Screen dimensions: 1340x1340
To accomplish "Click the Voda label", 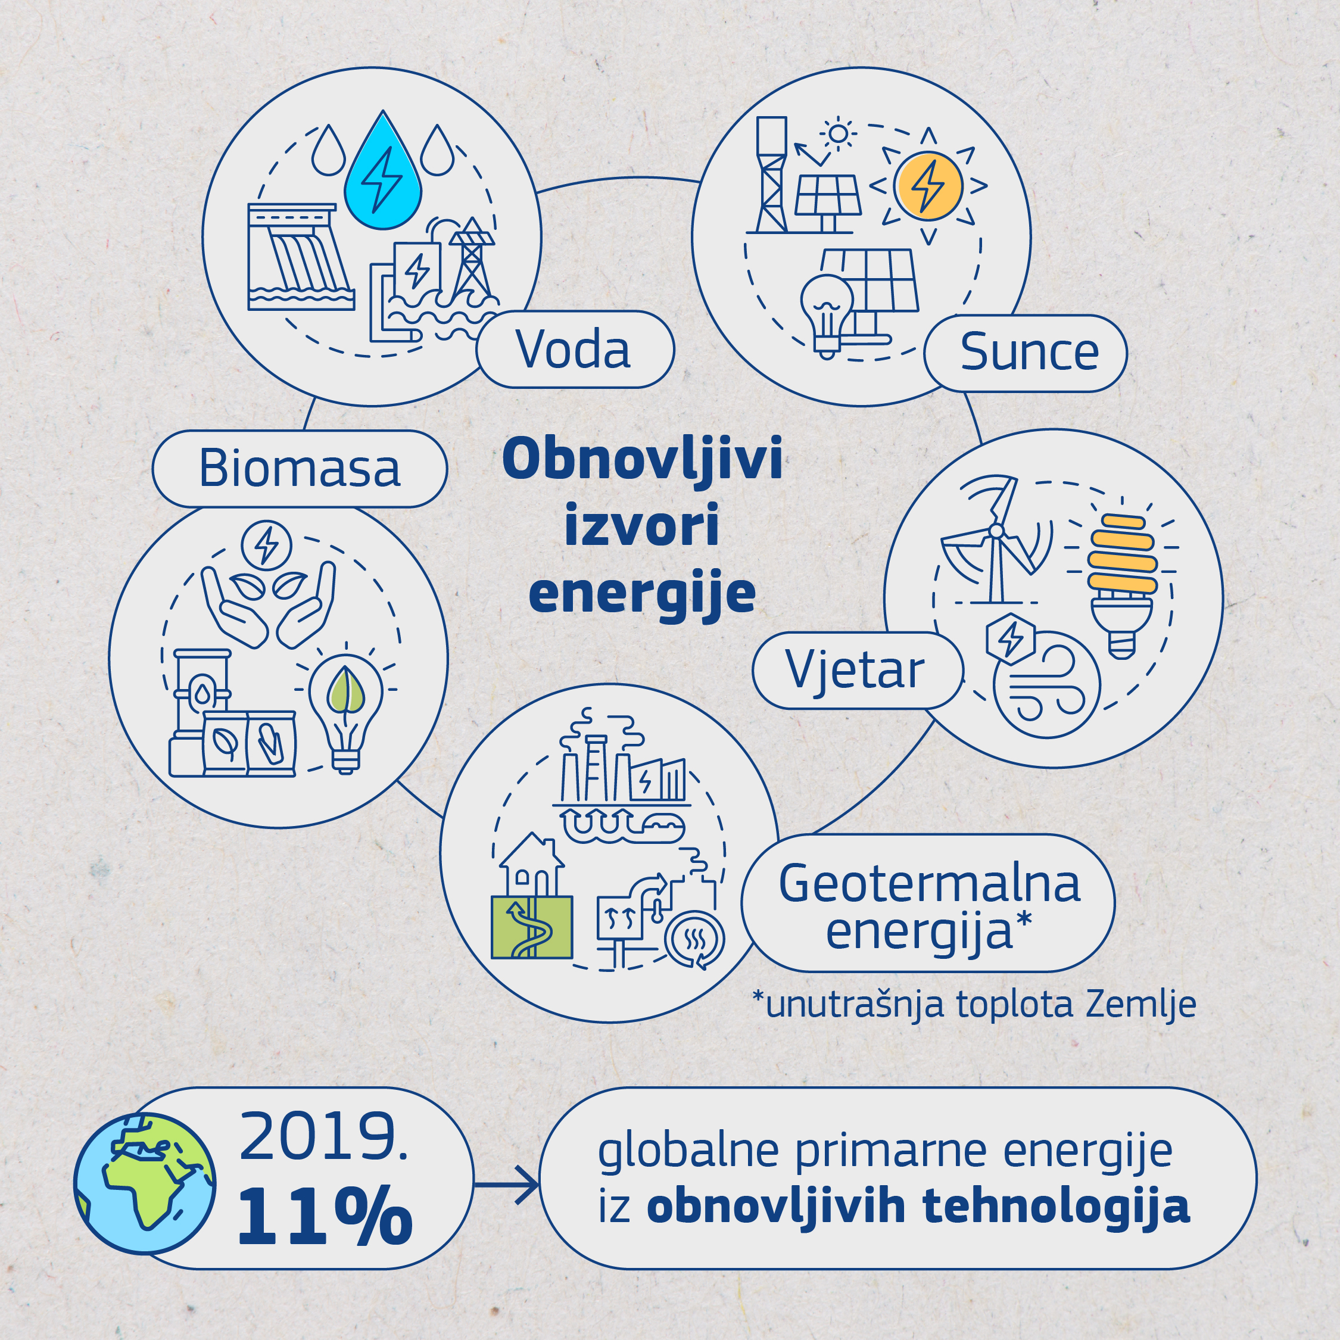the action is click(x=575, y=350).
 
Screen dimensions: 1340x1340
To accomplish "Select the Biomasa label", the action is click(x=299, y=469).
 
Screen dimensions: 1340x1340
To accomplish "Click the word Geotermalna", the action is click(x=928, y=884).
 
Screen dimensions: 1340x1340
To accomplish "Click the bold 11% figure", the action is click(x=325, y=1218).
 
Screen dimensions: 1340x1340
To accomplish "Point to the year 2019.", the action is click(x=323, y=1138).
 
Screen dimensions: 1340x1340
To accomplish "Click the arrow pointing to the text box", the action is click(x=506, y=1184).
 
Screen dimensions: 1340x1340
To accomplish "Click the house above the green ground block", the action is click(x=532, y=864).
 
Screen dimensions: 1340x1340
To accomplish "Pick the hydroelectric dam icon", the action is click(x=301, y=257).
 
